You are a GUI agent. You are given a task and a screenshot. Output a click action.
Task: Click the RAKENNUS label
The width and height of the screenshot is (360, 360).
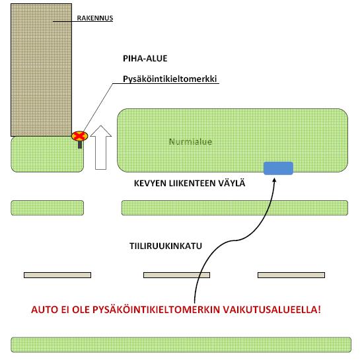pyautogui.click(x=95, y=18)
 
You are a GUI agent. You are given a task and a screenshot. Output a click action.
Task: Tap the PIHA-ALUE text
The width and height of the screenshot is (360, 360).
pyautogui.click(x=145, y=58)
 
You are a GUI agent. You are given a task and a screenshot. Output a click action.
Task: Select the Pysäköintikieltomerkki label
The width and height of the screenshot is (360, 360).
pyautogui.click(x=170, y=79)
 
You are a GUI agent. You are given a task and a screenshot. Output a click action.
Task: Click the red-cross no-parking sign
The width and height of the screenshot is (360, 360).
pyautogui.click(x=79, y=136)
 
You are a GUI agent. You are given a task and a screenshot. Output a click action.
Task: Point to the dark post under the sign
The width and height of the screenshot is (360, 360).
pyautogui.click(x=80, y=145)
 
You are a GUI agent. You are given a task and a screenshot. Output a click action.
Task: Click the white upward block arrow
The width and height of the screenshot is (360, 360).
pyautogui.click(x=101, y=147)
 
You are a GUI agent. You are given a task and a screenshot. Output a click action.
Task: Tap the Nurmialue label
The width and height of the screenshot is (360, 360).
pyautogui.click(x=190, y=141)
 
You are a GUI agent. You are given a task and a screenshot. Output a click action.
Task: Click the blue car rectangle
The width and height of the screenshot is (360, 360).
pyautogui.click(x=278, y=168)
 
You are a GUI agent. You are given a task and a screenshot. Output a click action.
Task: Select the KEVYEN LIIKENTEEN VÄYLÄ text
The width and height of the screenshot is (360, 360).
pyautogui.click(x=190, y=184)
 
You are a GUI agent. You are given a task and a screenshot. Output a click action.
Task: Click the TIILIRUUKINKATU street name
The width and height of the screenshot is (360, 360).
pyautogui.click(x=166, y=246)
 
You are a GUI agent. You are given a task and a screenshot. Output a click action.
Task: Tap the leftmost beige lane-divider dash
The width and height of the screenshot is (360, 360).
pyautogui.click(x=57, y=275)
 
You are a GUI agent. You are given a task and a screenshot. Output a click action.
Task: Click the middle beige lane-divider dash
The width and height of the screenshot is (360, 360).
pyautogui.click(x=176, y=275)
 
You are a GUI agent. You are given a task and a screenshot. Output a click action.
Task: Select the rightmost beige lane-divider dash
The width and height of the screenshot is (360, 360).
pyautogui.click(x=291, y=275)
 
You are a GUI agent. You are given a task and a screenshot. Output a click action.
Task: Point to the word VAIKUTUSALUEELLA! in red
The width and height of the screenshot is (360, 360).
pyautogui.click(x=272, y=310)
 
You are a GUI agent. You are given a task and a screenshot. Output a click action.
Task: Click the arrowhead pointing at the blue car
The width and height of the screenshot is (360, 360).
pyautogui.click(x=274, y=180)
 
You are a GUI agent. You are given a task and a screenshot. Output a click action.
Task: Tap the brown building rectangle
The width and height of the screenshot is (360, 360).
pyautogui.click(x=42, y=70)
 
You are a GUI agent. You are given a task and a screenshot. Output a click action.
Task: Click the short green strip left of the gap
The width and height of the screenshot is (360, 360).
pyautogui.click(x=48, y=208)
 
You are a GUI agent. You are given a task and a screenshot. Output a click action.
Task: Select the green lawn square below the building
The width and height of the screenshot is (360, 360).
pyautogui.click(x=48, y=155)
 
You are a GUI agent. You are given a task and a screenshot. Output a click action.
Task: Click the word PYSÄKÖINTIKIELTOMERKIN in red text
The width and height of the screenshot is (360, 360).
pyautogui.click(x=157, y=310)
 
